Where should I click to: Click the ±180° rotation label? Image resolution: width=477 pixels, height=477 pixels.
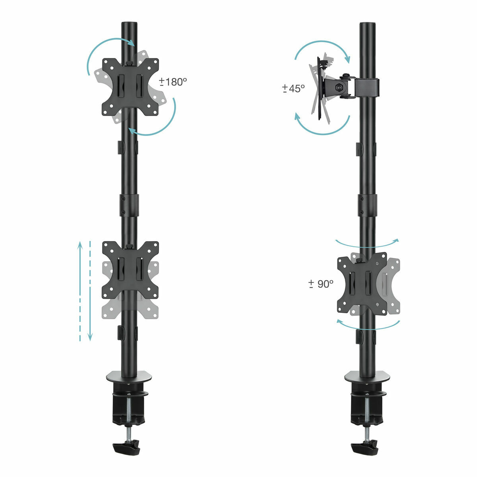click(173, 82)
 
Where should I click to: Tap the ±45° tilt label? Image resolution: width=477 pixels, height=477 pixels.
click(293, 88)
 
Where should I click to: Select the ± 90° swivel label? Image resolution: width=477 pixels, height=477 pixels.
click(321, 284)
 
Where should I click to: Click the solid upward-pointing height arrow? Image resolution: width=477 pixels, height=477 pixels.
click(80, 290)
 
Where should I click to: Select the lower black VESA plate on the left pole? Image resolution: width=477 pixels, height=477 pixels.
click(130, 270)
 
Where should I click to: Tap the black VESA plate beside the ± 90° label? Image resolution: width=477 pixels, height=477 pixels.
click(362, 283)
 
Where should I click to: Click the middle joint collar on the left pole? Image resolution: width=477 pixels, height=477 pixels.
click(129, 205)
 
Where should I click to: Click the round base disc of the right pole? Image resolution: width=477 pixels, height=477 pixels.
click(367, 376)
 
